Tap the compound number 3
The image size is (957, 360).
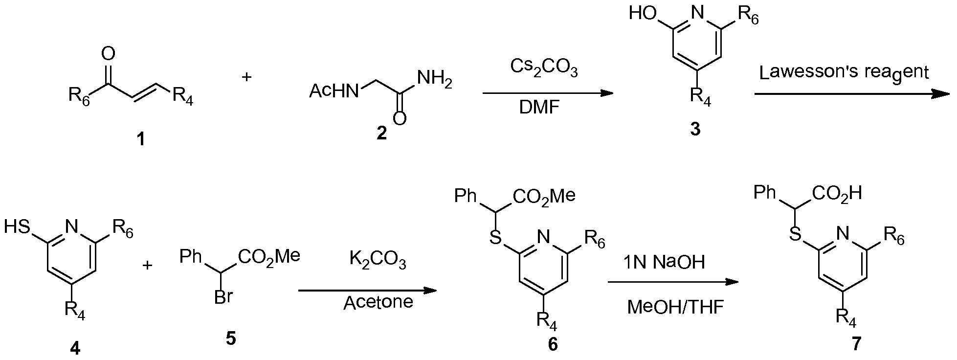(695, 130)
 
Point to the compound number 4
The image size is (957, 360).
(75, 348)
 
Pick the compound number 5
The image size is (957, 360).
(230, 338)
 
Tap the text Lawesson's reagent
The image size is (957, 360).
(844, 73)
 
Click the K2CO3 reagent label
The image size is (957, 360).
(378, 261)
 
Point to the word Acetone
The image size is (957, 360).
(378, 303)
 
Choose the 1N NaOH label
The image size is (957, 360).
(664, 263)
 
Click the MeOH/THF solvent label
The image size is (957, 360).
(675, 308)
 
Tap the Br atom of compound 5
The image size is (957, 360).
(223, 297)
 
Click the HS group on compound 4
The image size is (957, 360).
(18, 227)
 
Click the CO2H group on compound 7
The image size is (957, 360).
(837, 194)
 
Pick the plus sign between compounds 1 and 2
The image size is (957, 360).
(246, 77)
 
